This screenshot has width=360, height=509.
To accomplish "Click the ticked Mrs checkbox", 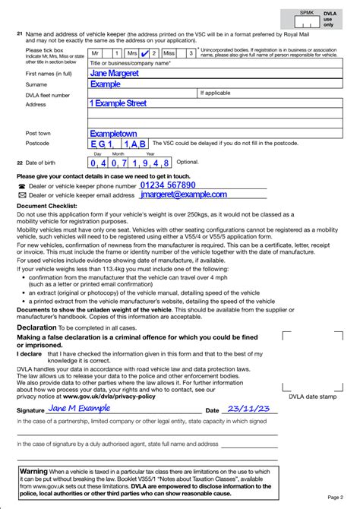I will point(144,54).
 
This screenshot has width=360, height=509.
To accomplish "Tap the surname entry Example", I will point(106,84).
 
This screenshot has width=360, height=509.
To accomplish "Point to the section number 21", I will point(19,34).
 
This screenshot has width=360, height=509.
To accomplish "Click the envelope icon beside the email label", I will point(21,195).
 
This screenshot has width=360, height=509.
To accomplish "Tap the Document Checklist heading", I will point(47,206).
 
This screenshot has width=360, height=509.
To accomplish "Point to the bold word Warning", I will point(33,472).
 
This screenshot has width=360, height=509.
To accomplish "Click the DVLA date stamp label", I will point(312,397).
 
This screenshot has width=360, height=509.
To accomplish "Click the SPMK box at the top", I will point(306,13).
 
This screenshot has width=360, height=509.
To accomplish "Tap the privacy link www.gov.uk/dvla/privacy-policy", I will point(109,397).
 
